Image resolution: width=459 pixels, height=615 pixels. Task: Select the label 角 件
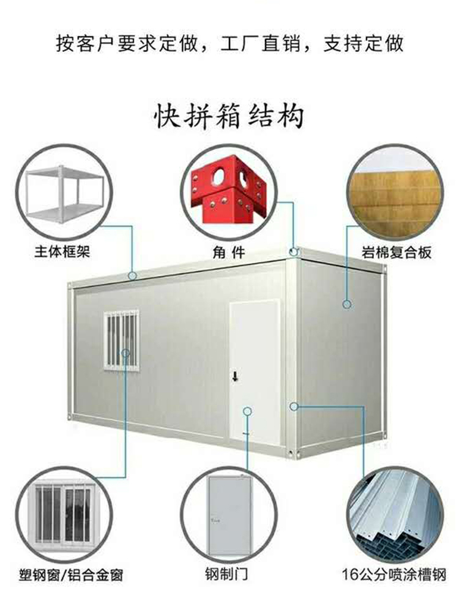point(229,252)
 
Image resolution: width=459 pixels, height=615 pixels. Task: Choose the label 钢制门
point(227,575)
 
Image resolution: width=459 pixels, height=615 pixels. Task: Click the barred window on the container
point(121,340)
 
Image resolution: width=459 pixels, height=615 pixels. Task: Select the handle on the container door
point(234,375)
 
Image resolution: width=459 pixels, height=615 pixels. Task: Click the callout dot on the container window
point(125,353)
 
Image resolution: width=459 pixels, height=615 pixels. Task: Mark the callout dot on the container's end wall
point(346,304)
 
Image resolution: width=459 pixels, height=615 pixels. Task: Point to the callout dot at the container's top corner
point(294,251)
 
